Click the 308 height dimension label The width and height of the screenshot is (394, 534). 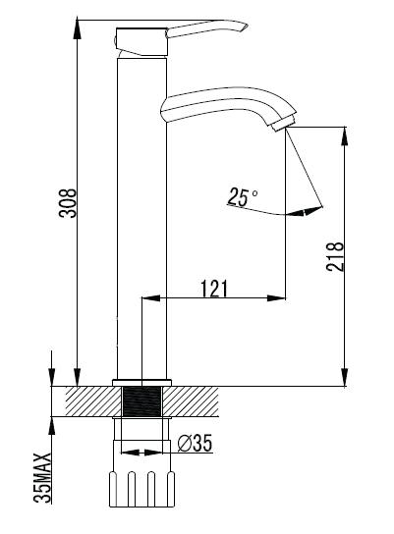68,202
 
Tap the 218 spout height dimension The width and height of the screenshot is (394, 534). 335,256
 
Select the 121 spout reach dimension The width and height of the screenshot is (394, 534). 214,289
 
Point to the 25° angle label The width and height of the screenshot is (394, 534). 243,197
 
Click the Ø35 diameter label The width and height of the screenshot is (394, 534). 195,443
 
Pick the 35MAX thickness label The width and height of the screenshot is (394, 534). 43,478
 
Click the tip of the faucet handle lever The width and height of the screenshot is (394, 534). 246,27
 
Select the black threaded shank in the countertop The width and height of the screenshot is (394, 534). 141,401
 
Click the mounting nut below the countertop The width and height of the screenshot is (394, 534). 141,489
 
